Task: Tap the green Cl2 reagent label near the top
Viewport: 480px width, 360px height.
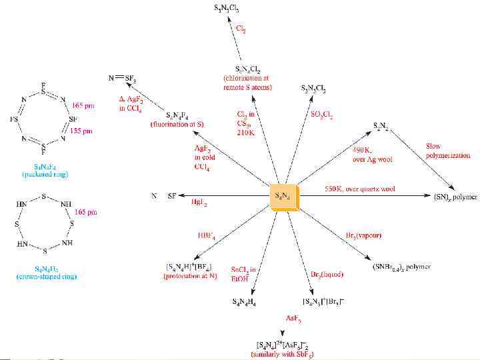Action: coord(242,29)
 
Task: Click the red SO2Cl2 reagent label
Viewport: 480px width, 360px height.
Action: coord(321,115)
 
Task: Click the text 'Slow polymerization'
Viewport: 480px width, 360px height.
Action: coord(447,151)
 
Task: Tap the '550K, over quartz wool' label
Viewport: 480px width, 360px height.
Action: coord(360,189)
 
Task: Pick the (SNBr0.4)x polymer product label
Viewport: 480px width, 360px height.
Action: coord(401,267)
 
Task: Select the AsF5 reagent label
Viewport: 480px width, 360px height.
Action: coord(294,319)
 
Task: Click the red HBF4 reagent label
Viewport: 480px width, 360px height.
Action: coord(206,235)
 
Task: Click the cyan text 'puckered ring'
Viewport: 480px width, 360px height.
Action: coord(45,174)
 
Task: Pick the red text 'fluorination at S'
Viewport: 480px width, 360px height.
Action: coord(179,125)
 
